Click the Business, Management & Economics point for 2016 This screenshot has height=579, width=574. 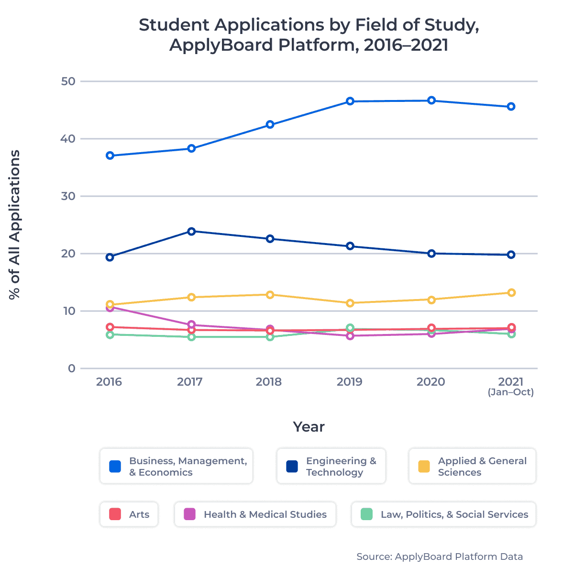(x=110, y=156)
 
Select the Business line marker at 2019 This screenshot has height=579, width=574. (x=350, y=101)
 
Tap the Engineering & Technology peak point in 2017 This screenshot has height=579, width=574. (x=191, y=231)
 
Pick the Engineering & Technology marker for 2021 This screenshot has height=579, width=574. (x=511, y=255)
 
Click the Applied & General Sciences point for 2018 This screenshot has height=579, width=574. (x=270, y=295)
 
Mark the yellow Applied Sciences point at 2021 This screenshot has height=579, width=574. (x=511, y=292)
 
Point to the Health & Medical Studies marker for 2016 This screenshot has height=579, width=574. (x=110, y=308)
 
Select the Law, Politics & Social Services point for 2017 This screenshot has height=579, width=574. (x=191, y=337)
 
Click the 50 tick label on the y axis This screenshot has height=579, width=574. (x=68, y=81)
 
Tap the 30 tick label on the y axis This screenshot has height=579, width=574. (x=68, y=196)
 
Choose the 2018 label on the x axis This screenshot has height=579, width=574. (x=269, y=382)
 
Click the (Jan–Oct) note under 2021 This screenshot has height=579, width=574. (x=510, y=392)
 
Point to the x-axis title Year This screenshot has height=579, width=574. (x=309, y=427)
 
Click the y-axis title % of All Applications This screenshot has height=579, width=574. (x=15, y=225)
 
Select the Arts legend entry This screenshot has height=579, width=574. (x=129, y=514)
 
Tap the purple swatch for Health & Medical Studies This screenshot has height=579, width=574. (x=190, y=514)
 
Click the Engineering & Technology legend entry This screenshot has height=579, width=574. (x=331, y=467)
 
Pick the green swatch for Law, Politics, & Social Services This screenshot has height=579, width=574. (x=367, y=514)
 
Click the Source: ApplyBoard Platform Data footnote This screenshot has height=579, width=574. (x=440, y=557)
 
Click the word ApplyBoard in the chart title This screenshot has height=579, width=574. (x=221, y=45)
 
